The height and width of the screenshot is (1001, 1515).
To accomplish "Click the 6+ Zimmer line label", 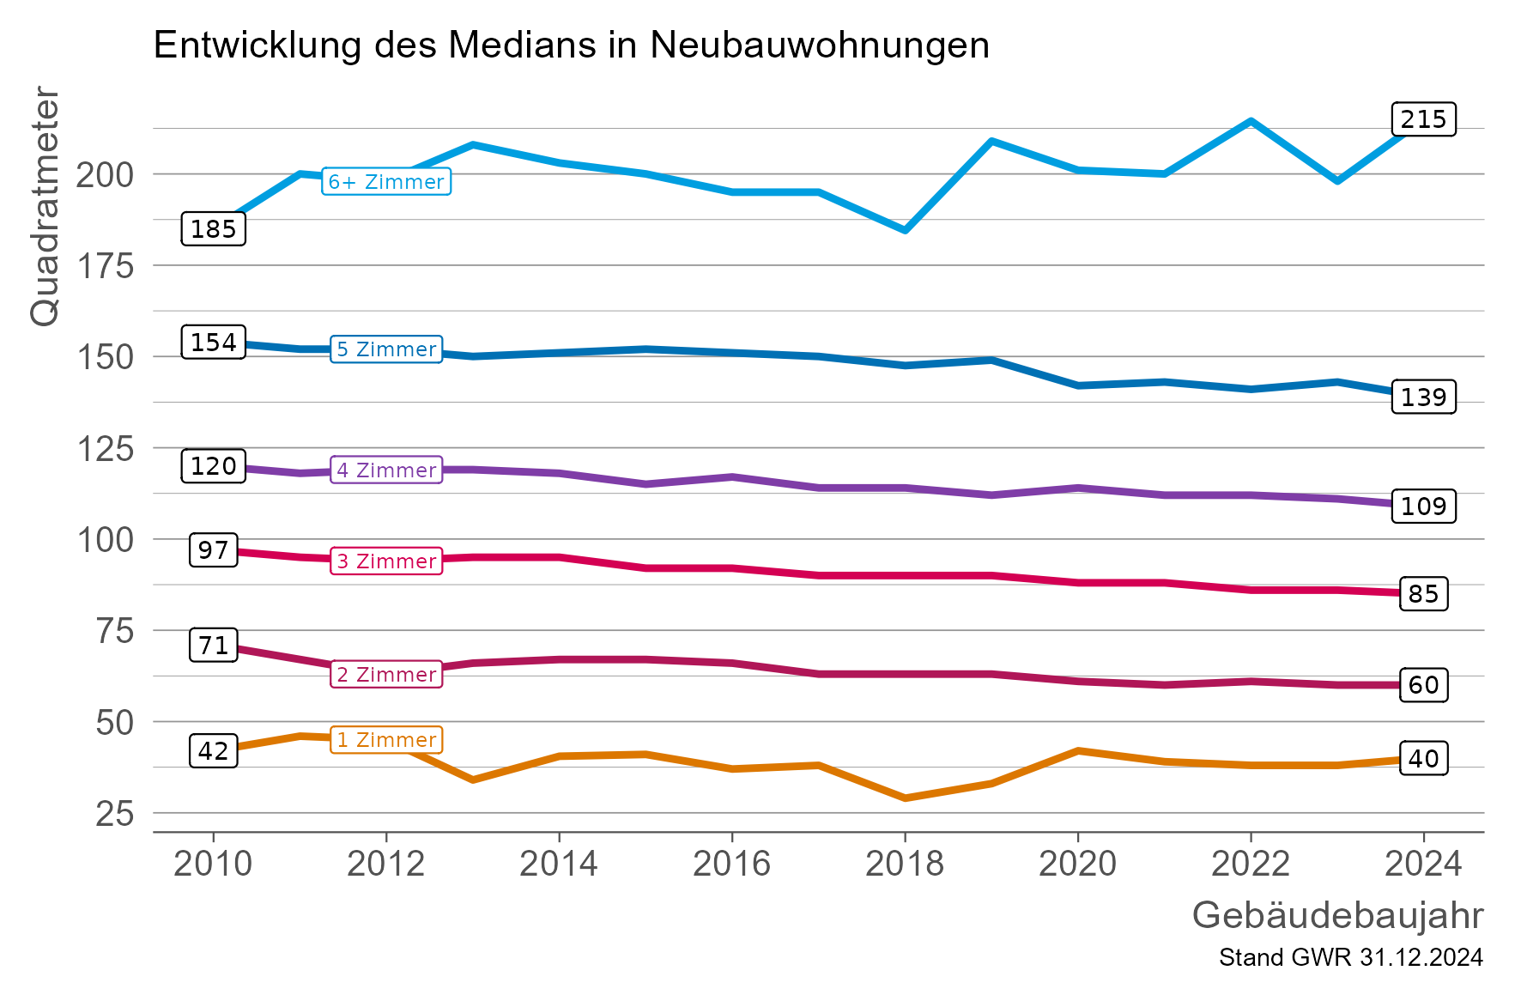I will tap(386, 182).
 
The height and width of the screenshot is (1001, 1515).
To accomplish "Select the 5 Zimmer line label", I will tap(386, 349).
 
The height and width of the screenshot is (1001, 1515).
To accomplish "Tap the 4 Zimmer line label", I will tap(386, 470).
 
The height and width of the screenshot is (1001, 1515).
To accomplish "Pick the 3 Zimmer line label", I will tap(386, 561).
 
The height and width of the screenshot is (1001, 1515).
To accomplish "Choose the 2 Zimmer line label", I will tap(386, 675).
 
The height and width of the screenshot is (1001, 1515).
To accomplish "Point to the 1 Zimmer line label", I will tap(386, 740).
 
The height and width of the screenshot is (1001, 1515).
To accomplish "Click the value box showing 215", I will tap(1422, 119).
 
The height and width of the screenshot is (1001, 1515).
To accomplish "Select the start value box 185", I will tap(213, 229).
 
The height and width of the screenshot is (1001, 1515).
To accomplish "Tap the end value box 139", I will tap(1422, 397).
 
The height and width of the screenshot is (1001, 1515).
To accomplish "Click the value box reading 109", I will tap(1422, 507).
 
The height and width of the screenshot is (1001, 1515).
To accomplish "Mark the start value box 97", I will tap(213, 550).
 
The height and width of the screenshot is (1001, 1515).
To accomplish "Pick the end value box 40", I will tap(1422, 759).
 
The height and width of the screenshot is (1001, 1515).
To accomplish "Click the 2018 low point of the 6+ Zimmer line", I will tap(905, 230).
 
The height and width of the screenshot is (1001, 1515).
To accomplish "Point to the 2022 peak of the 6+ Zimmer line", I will tap(1251, 121).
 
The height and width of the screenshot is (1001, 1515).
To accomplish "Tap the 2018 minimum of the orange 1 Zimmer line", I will tap(905, 798).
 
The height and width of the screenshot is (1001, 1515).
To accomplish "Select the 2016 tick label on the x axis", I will tap(731, 864).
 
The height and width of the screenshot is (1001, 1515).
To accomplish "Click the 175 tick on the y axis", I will tap(106, 266).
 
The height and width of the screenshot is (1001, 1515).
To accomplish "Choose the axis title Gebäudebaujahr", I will tap(1336, 916).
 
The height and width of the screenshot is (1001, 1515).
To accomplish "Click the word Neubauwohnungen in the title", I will tap(819, 45).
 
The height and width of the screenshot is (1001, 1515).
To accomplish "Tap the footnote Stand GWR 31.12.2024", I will tap(1350, 958).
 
